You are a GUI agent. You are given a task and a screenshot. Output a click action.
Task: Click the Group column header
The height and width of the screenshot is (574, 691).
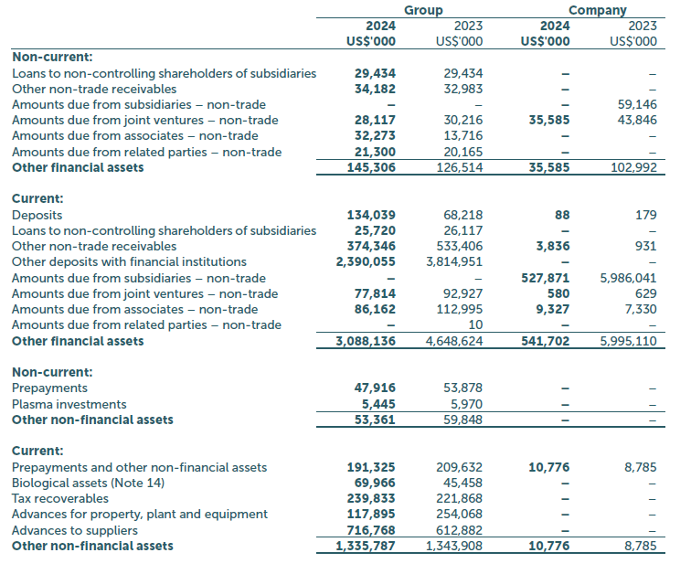(422, 10)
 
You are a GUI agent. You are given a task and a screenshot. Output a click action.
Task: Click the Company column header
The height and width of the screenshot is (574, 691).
(597, 10)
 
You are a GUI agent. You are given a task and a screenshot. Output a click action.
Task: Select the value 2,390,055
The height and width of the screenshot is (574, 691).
(366, 261)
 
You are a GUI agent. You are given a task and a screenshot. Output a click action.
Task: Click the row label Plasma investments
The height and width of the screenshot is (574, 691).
(69, 404)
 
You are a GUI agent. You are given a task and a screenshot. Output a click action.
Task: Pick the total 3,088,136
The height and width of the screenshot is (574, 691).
(366, 341)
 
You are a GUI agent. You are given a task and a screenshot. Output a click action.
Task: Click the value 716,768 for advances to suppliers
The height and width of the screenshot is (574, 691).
(373, 530)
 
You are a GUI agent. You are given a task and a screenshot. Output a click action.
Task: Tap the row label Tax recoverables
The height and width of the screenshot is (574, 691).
(60, 498)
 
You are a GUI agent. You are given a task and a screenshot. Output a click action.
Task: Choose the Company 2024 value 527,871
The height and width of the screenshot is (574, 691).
(545, 278)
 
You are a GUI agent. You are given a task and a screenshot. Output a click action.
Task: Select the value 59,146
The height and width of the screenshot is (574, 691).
(637, 104)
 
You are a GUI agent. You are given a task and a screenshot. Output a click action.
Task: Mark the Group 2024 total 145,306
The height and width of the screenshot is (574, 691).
(373, 167)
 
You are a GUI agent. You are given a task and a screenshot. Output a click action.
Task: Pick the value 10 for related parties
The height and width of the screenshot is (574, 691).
(475, 325)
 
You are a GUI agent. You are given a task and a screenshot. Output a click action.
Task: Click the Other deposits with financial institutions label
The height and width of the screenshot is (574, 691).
(129, 261)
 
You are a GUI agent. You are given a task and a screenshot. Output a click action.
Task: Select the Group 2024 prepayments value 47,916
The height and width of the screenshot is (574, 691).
(376, 388)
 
